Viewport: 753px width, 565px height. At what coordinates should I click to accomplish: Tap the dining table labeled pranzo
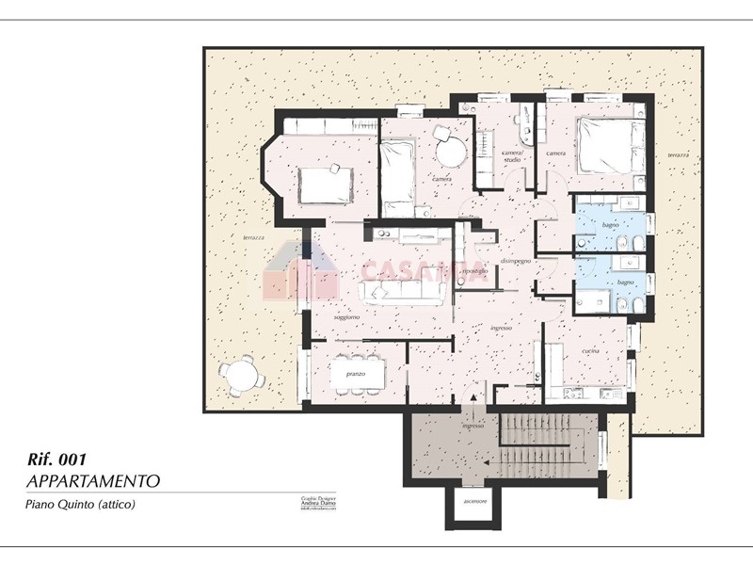359,375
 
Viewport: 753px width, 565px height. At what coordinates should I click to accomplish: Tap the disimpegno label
516,260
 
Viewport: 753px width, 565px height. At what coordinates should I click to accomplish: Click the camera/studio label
511,156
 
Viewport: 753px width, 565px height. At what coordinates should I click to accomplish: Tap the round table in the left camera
450,150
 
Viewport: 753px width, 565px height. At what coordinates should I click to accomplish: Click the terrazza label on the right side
678,154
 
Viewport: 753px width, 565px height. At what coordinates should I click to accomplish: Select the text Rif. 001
58,460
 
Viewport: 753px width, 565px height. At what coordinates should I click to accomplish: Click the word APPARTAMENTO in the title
92,481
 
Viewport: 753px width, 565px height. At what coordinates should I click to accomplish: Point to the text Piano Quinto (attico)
80,506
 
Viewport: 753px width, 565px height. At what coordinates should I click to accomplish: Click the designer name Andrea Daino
311,503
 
